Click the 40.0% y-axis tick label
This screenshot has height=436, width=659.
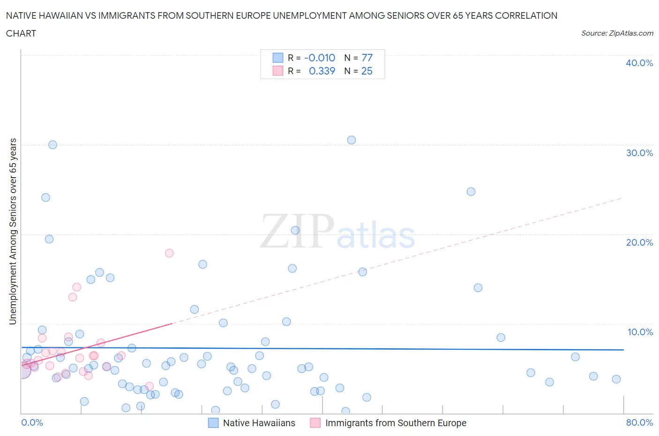[639, 63]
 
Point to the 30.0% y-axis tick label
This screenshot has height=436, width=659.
[639, 153]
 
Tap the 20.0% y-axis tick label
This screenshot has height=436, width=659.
[639, 242]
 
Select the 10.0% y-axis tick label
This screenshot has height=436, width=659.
[640, 332]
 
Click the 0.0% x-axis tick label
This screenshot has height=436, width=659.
[32, 422]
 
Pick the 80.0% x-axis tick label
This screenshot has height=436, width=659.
[639, 422]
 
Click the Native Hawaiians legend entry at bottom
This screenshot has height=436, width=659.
[259, 423]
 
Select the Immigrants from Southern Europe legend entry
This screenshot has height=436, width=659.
[396, 423]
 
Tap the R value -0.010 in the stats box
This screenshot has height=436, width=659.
[320, 58]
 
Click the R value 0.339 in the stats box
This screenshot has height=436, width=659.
[322, 71]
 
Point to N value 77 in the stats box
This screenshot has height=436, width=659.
[367, 58]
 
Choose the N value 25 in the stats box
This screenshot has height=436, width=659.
[367, 71]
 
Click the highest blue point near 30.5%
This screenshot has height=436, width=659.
[352, 140]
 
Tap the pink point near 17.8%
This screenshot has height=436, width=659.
[169, 253]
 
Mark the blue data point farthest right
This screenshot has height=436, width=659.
[616, 379]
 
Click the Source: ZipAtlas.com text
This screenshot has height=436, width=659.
[617, 33]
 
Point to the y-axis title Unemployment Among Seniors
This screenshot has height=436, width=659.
[13, 232]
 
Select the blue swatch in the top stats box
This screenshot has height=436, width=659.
[278, 58]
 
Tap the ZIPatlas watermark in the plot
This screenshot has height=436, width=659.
[337, 232]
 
